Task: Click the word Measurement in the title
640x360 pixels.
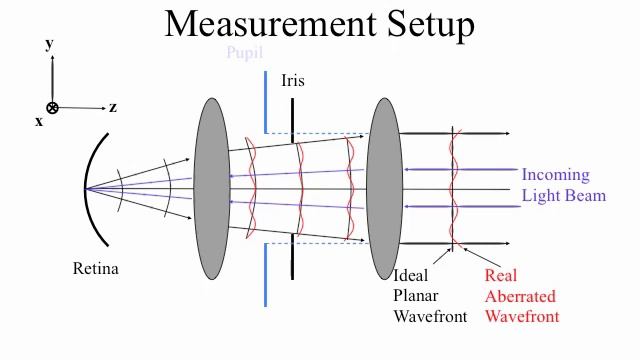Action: (270, 24)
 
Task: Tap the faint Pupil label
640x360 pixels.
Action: (244, 53)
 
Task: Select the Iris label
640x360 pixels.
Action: (293, 80)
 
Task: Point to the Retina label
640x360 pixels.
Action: (96, 268)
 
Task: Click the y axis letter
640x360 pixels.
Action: (49, 44)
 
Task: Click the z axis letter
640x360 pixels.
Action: (113, 107)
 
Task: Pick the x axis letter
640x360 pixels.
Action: (39, 121)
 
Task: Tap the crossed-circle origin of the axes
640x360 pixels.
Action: (52, 108)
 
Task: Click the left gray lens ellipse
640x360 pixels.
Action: (211, 180)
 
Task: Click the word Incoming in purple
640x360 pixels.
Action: (555, 175)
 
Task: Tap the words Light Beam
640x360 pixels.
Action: (564, 196)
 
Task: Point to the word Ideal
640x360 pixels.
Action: (411, 275)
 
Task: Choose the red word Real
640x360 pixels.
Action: (500, 275)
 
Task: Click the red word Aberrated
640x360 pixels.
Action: (520, 296)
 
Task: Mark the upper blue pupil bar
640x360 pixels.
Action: (265, 101)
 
